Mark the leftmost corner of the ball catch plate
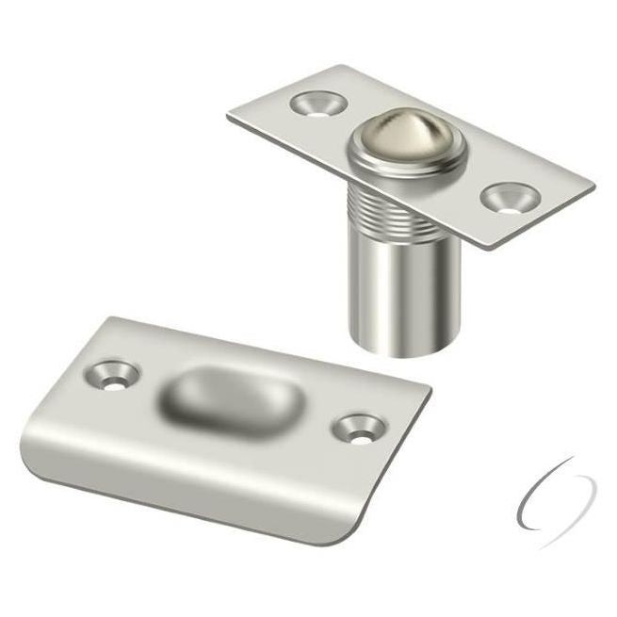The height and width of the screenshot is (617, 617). click(x=228, y=118)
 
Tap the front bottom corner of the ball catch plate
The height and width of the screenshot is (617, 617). click(x=491, y=250)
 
